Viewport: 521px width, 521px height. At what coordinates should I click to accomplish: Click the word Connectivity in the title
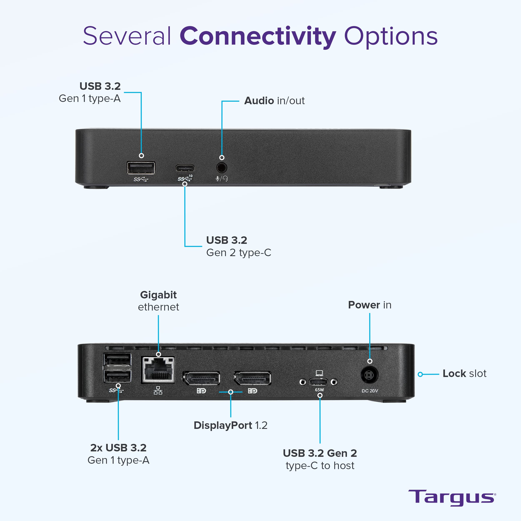(x=258, y=36)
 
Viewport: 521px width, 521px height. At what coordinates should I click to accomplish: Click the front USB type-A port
(x=141, y=168)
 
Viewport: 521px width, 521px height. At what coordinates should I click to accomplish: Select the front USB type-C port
(x=185, y=168)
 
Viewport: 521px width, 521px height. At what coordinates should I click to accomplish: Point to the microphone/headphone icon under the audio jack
(x=222, y=179)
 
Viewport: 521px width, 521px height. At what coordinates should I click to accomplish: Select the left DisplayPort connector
(x=201, y=378)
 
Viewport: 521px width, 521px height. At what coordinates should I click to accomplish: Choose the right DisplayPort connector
(x=252, y=378)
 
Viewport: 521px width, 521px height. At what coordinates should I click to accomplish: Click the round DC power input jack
(x=369, y=375)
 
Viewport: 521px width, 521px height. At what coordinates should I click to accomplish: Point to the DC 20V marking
(x=370, y=391)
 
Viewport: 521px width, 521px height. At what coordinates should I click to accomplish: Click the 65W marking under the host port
(x=319, y=390)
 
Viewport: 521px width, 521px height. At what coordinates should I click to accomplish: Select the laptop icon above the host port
(x=319, y=373)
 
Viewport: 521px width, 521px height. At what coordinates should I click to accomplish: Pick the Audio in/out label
(x=274, y=101)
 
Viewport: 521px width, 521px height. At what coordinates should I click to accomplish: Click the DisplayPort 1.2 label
(x=230, y=425)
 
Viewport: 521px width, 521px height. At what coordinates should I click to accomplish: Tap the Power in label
(x=369, y=305)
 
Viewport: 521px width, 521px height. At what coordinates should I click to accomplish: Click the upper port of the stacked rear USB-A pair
(x=118, y=359)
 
